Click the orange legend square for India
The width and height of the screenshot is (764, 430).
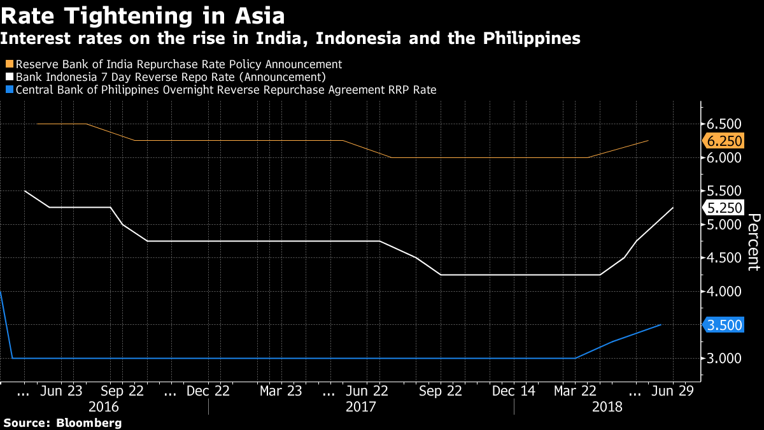point(9,64)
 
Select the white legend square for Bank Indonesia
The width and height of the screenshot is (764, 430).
point(9,77)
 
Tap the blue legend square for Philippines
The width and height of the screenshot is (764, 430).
point(9,90)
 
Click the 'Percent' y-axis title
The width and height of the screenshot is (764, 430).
point(753,242)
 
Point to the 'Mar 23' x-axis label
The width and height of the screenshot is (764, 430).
point(281,391)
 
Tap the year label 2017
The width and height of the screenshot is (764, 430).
point(361,406)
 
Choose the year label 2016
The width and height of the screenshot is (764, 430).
point(104,406)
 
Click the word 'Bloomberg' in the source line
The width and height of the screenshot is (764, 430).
point(89,422)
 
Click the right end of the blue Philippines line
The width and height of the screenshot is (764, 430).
point(661,325)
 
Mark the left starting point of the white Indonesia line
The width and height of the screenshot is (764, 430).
point(25,190)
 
